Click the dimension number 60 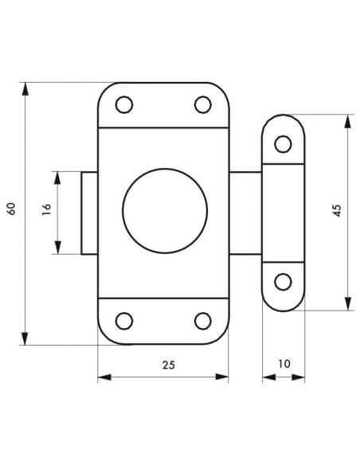tap(11, 209)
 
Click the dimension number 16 tap(47, 209)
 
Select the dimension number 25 tap(169, 365)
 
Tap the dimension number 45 tap(338, 210)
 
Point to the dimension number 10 tap(284, 364)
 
